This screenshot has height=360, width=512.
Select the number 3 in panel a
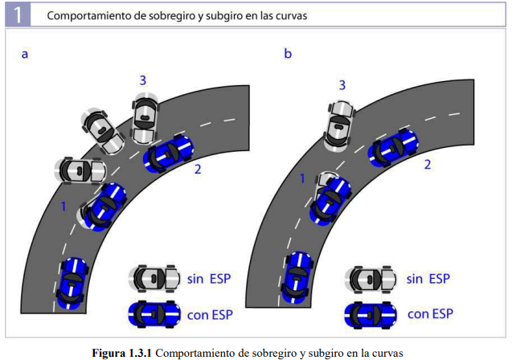142,80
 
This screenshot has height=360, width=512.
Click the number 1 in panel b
303,178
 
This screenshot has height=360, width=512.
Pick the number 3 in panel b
342,84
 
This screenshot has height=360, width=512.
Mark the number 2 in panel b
428,165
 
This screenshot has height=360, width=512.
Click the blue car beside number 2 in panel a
169,152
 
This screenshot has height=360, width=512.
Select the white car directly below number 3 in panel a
145,117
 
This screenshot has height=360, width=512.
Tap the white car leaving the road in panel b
338,125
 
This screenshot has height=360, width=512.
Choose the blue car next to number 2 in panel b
393,145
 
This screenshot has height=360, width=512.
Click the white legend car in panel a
155,278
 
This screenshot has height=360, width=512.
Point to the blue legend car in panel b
371,313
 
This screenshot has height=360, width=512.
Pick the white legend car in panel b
371,278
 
